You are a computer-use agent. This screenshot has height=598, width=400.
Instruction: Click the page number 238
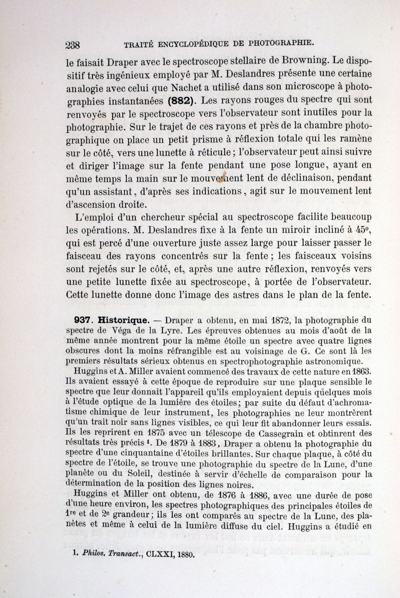pos(76,45)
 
